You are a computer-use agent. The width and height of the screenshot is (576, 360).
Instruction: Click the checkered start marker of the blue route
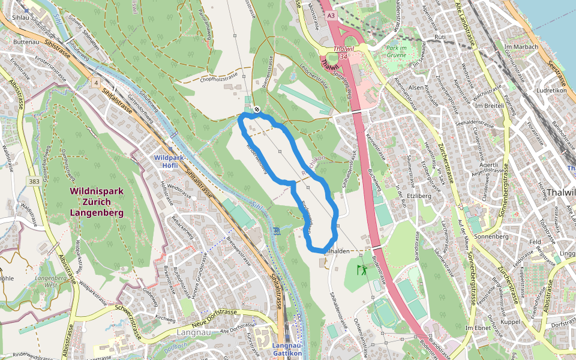coord(256,109)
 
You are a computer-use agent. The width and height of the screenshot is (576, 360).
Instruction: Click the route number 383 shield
coord(34,181)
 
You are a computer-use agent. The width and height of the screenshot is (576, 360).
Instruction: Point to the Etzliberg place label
coord(419,196)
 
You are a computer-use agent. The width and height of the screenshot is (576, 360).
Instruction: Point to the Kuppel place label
coord(510,322)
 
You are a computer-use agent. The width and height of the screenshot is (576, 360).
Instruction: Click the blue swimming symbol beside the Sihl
coord(277,231)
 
